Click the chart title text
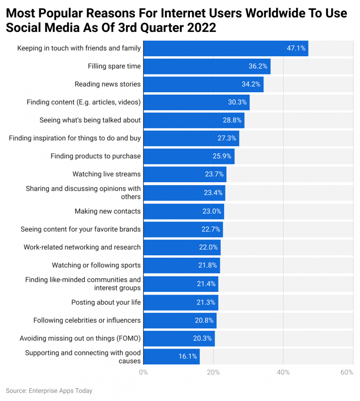[x=176, y=20]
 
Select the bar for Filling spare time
[x=206, y=66]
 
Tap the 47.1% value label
[x=296, y=48]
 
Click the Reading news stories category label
[x=107, y=84]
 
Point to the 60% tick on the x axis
[x=346, y=372]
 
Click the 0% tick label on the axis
[x=143, y=372]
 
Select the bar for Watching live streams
[x=185, y=174]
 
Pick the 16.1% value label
[x=188, y=356]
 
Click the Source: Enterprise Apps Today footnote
[x=49, y=391]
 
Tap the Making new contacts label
[x=107, y=211]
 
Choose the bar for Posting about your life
[x=180, y=303]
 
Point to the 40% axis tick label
[x=283, y=372]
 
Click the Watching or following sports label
[x=96, y=265]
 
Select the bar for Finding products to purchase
[x=188, y=156]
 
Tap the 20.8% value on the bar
[x=204, y=321]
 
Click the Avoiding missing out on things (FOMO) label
[x=80, y=338]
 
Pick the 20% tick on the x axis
[x=213, y=372]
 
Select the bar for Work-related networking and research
[x=181, y=247]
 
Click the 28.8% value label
[x=232, y=120]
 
